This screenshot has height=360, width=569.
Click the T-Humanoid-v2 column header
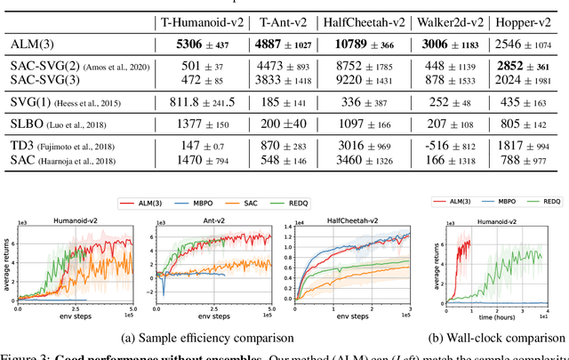(x=192, y=20)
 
